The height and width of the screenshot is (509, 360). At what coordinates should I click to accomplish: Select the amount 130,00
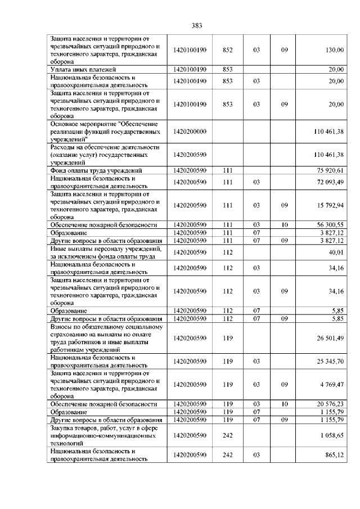(335, 50)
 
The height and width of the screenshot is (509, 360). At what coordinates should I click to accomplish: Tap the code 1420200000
(191, 131)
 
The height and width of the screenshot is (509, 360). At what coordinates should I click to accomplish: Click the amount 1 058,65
(332, 435)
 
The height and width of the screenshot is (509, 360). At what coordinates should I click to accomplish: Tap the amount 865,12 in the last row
(335, 454)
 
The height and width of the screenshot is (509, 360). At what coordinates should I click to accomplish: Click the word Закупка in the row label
(62, 427)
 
